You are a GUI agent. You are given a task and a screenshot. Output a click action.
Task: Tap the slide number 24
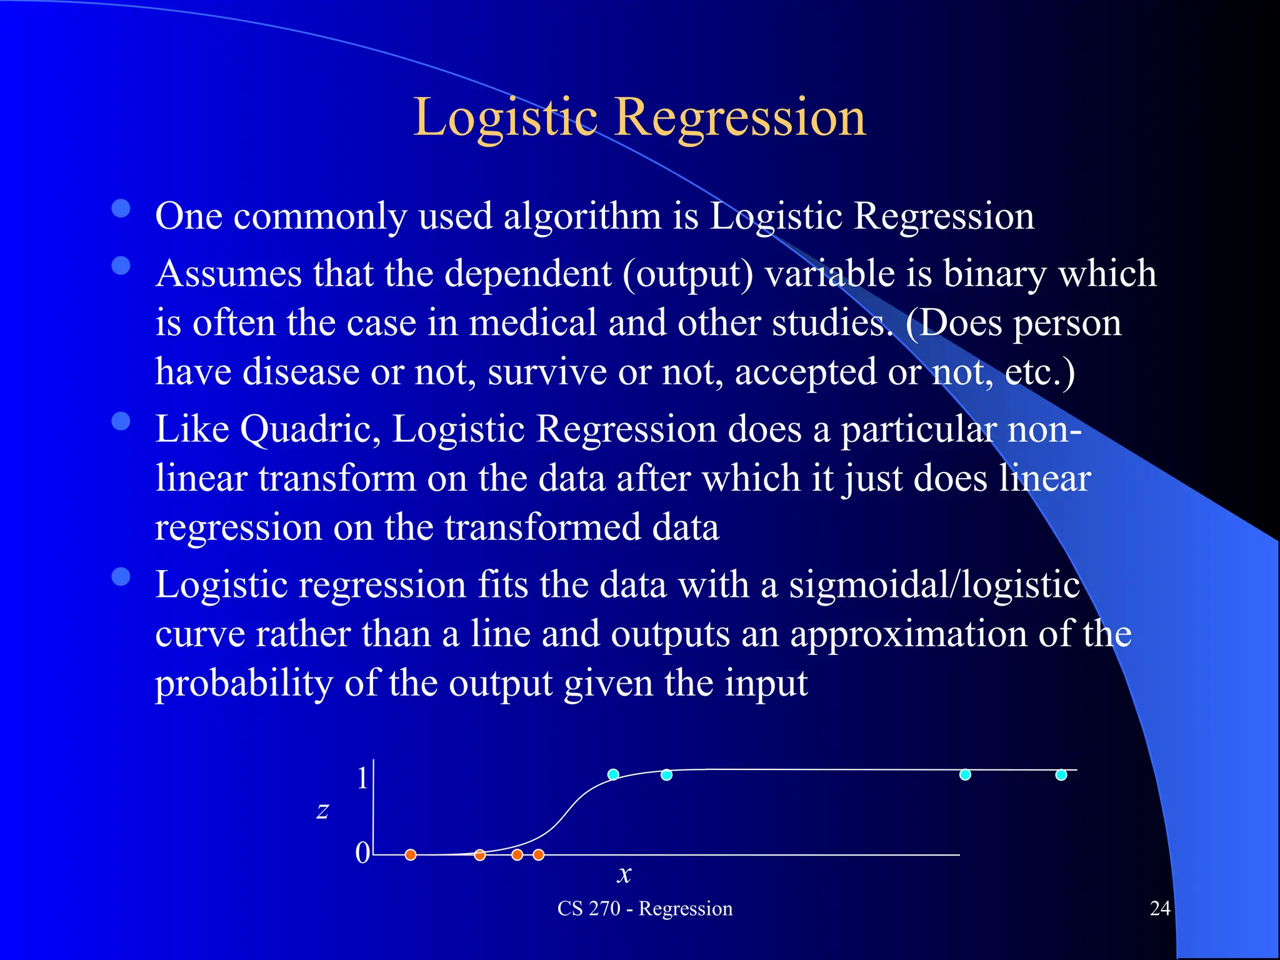(1160, 908)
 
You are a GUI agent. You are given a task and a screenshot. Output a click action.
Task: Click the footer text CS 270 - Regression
(644, 908)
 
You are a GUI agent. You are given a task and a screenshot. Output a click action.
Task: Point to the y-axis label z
(322, 811)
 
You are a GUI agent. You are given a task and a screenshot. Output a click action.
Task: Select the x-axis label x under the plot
(624, 874)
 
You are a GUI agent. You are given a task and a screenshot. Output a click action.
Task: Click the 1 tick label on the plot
(362, 779)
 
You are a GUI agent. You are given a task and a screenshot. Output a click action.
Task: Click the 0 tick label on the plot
(362, 852)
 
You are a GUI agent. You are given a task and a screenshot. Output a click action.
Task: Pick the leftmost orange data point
(411, 854)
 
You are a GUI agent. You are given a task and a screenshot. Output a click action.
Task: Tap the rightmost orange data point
(539, 854)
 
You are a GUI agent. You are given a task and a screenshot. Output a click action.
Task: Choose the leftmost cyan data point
(613, 774)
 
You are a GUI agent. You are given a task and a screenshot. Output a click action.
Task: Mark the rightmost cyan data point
(1061, 775)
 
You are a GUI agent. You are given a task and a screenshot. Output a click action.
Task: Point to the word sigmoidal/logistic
(934, 586)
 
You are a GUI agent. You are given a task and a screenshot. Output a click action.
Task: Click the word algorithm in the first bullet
(582, 216)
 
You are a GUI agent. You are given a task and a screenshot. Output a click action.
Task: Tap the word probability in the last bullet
(244, 683)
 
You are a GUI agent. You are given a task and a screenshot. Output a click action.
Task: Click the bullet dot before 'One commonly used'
(121, 208)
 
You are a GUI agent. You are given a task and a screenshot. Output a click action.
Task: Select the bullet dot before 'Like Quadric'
(121, 422)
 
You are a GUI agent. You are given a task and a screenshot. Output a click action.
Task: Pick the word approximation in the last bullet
(909, 634)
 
